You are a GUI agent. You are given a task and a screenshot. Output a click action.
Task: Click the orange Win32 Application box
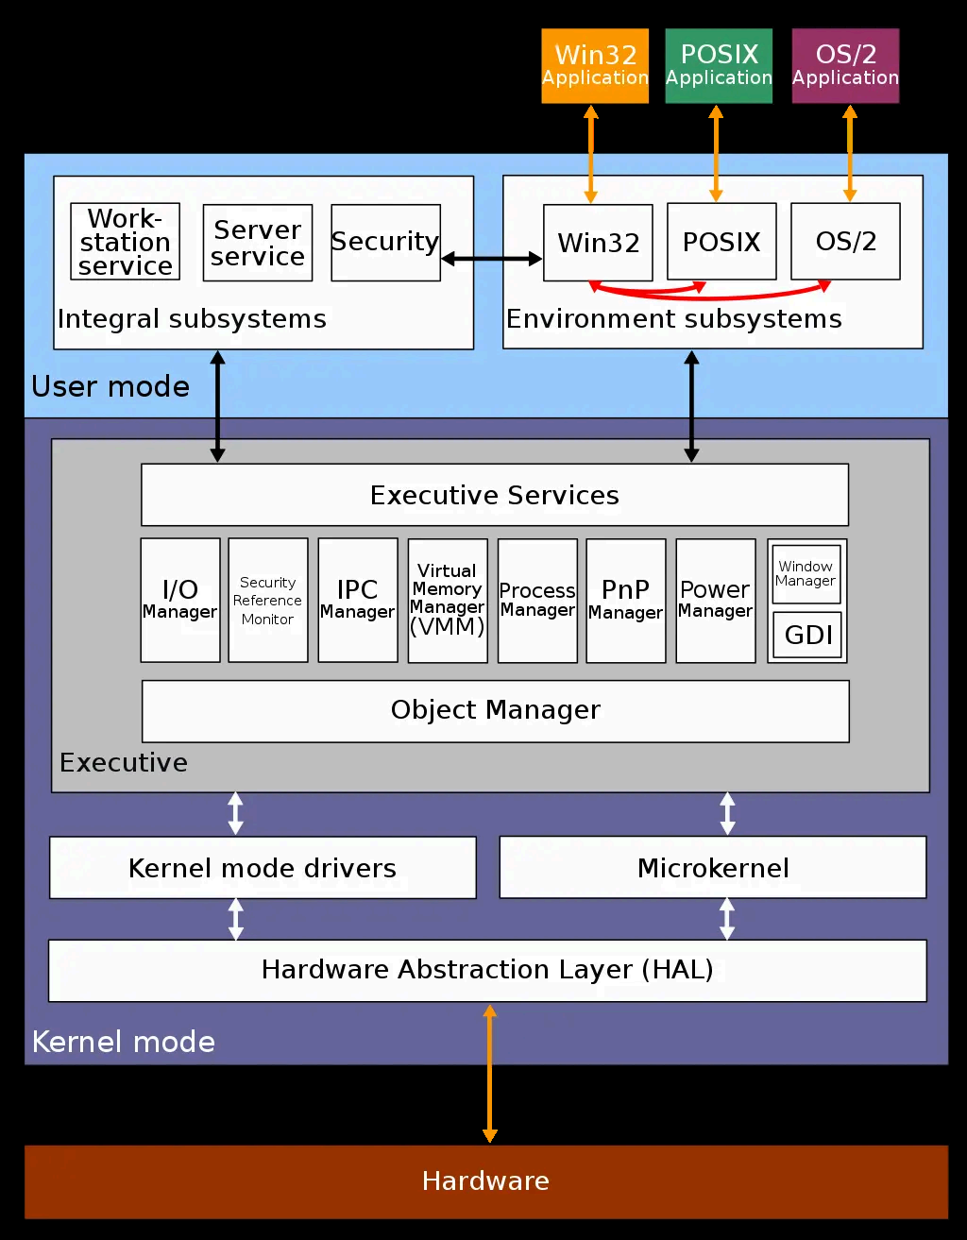(595, 65)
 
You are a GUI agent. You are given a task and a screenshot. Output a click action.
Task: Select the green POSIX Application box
(719, 65)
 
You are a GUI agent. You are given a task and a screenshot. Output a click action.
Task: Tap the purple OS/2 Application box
(845, 65)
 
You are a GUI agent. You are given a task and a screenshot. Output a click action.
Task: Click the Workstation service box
(126, 242)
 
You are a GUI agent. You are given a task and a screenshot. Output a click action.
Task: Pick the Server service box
(258, 243)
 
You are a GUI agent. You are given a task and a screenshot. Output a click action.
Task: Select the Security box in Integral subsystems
(385, 243)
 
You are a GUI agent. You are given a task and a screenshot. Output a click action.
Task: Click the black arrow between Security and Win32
(491, 258)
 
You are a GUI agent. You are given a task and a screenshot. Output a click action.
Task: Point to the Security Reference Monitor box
(268, 601)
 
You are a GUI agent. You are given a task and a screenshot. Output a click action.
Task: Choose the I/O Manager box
(180, 601)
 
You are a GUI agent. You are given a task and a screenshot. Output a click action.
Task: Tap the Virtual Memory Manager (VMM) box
(448, 601)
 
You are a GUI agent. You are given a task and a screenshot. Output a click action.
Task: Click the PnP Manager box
(626, 601)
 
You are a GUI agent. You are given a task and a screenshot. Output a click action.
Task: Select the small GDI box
(807, 635)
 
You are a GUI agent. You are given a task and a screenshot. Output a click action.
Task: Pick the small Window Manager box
(806, 574)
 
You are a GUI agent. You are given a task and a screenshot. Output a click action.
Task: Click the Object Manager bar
(495, 711)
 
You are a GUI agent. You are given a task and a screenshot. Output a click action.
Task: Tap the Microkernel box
(713, 867)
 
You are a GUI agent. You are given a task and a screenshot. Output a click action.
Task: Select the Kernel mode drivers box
(263, 867)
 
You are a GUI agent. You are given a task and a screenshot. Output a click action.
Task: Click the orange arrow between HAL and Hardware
(489, 1074)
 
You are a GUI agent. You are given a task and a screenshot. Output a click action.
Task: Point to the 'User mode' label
(110, 386)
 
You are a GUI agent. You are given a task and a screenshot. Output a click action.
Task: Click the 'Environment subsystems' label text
(673, 319)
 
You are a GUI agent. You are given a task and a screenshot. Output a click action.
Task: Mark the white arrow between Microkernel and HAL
(726, 919)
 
